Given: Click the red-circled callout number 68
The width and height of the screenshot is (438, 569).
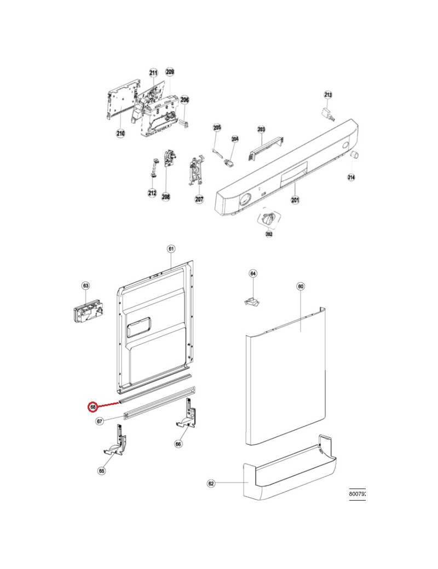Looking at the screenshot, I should click(93, 407).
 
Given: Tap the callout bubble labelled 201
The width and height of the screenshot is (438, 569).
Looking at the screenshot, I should click(295, 201).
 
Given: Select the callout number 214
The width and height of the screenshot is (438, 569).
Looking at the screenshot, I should click(351, 177).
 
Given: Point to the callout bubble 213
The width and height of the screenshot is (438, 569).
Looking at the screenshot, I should click(328, 95).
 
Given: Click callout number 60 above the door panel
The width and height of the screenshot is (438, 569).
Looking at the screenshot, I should click(300, 286).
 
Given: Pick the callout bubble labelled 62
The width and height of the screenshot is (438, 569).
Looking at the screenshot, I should click(211, 484).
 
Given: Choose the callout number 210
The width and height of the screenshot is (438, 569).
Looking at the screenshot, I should click(120, 132).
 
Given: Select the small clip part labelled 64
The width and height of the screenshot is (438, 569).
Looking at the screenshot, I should click(251, 300).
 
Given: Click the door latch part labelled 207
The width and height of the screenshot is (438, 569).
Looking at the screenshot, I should click(195, 171).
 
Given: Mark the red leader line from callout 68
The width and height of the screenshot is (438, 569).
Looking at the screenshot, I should click(109, 404).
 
